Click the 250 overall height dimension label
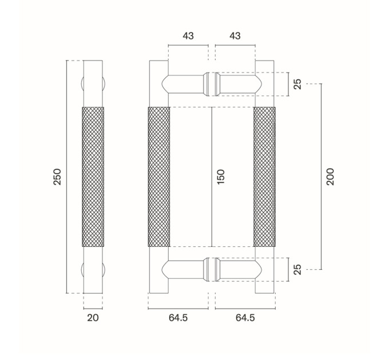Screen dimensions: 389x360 click(57, 177)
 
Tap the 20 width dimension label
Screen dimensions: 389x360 click(93, 318)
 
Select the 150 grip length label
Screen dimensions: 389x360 click(221, 177)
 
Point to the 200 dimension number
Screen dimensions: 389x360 click(330, 177)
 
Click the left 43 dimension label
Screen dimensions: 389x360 click(188, 36)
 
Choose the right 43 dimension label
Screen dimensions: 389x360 click(235, 36)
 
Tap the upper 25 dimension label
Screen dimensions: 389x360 click(297, 84)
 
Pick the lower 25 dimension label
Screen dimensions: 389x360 click(297, 270)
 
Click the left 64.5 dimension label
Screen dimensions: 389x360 click(178, 318)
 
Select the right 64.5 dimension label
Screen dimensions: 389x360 click(245, 318)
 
